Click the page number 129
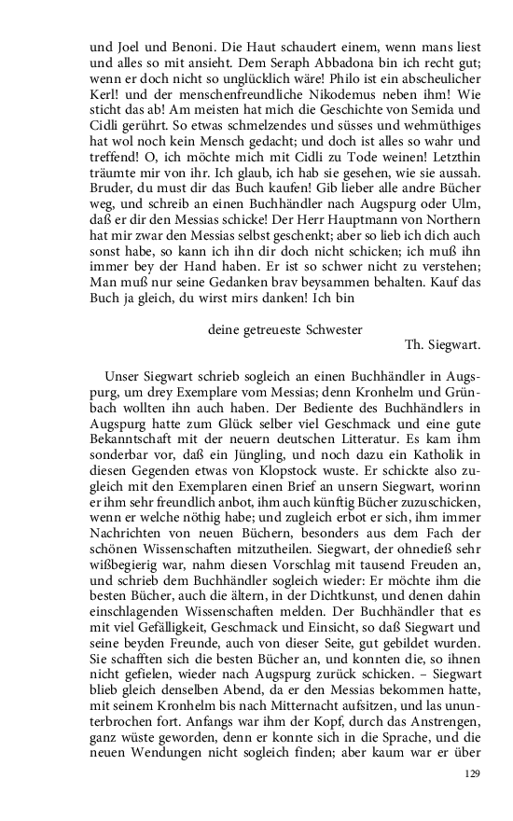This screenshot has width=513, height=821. [472, 774]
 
